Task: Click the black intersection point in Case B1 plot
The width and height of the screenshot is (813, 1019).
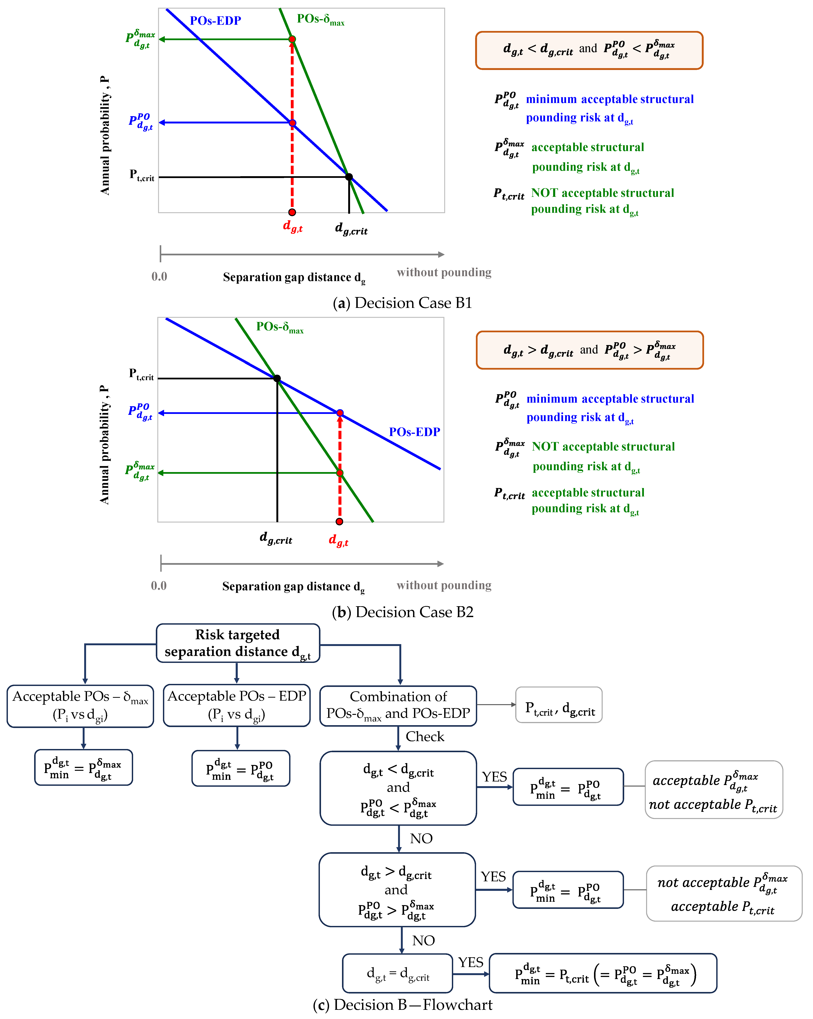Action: point(349,177)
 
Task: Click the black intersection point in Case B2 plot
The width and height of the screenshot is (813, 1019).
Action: point(277,378)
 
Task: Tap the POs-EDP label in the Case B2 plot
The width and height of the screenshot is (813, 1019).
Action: point(414,432)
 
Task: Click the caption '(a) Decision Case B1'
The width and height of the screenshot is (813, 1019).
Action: point(402,303)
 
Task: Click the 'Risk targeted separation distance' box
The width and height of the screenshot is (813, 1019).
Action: point(238,643)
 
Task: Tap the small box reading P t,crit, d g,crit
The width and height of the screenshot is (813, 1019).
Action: point(559,705)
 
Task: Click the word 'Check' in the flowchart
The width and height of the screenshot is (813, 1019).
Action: point(425,736)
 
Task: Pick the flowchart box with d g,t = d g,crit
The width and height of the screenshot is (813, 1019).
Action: point(397,973)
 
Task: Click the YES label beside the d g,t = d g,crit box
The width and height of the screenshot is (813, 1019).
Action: point(470,962)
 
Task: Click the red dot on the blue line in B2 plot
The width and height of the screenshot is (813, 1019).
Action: point(340,413)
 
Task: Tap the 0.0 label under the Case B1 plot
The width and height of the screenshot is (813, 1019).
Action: point(159,277)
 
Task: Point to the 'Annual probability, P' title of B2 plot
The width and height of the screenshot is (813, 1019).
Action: point(104,444)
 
